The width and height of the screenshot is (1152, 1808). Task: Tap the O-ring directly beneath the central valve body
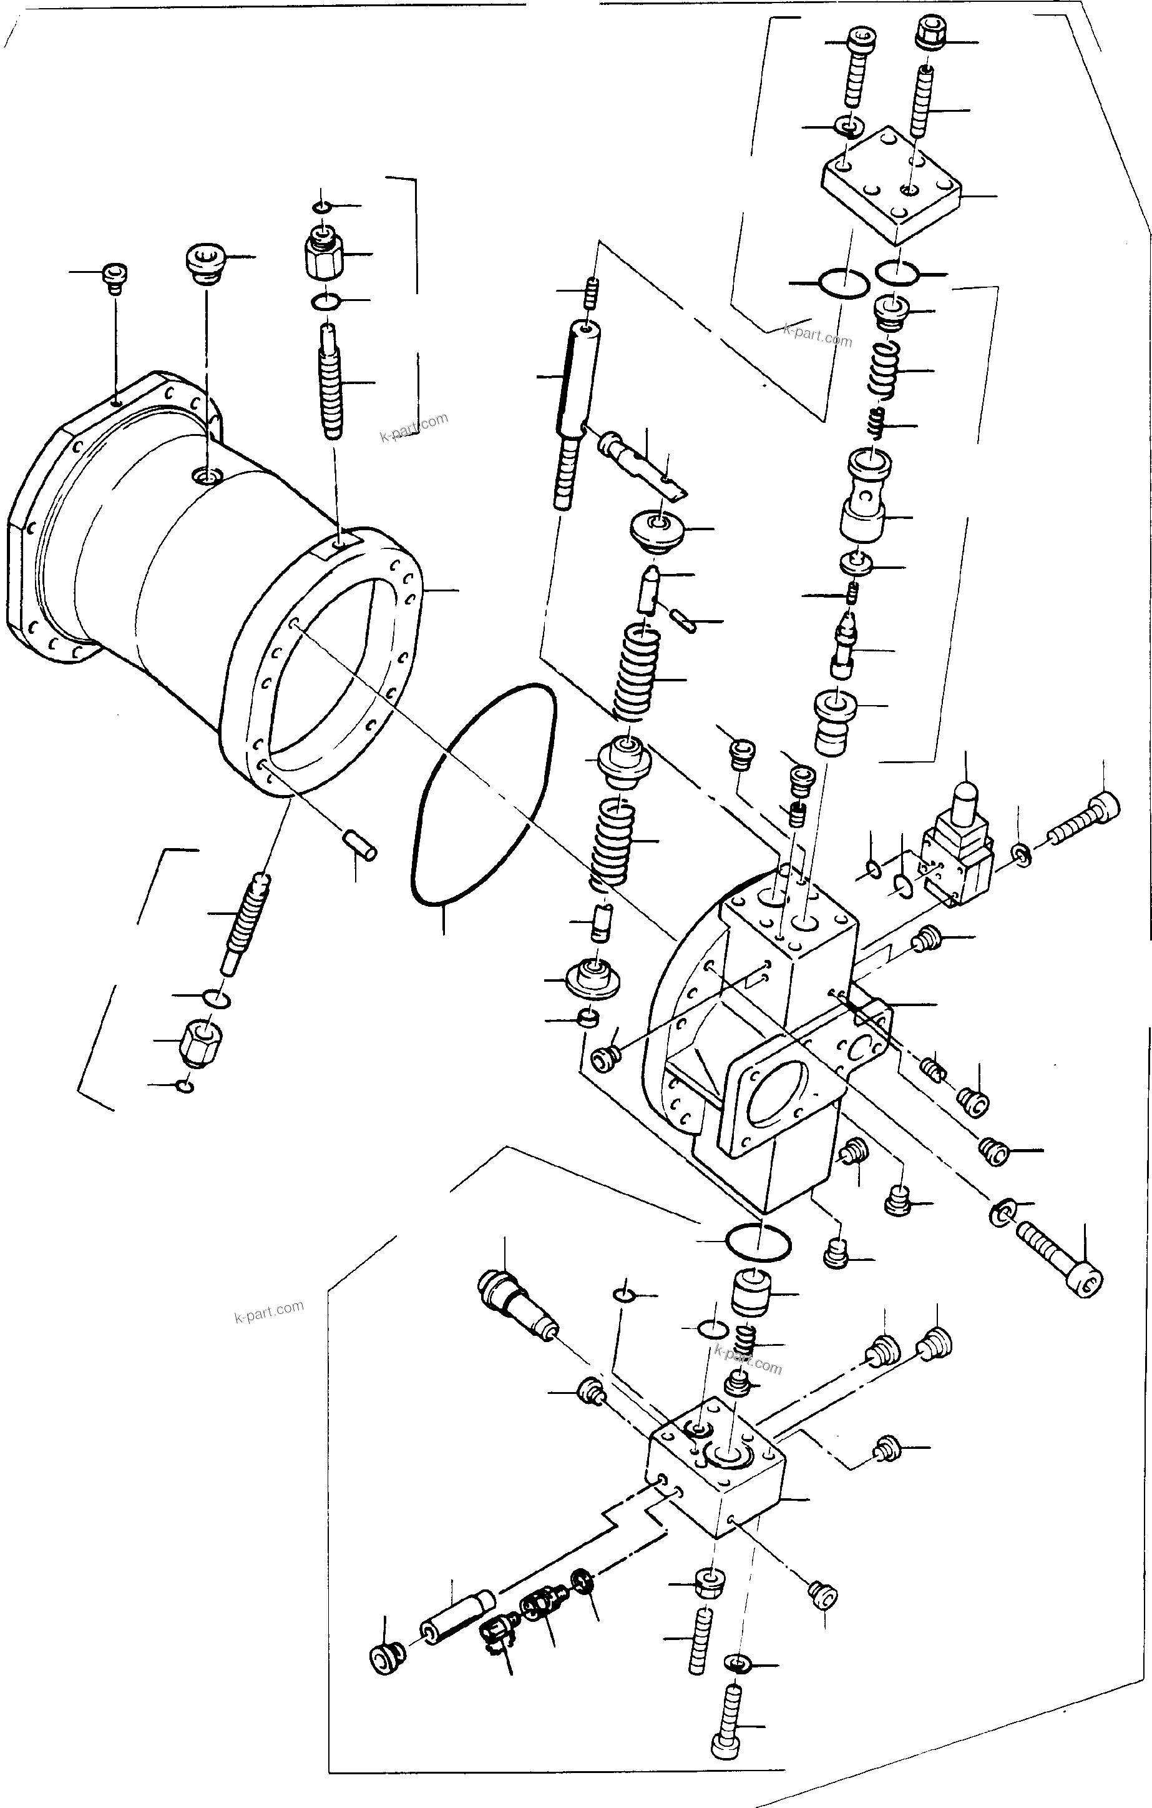point(758,1243)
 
